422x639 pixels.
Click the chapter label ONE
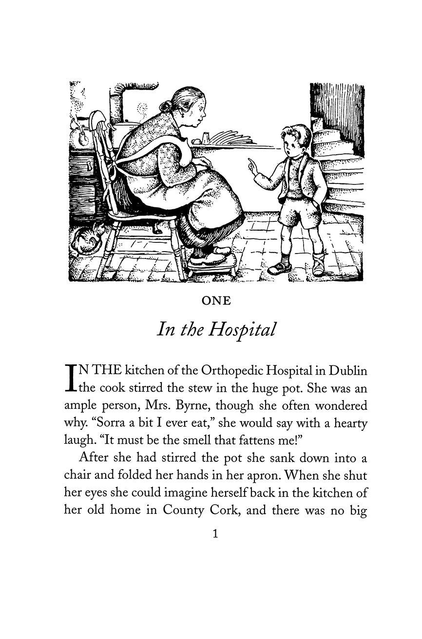pyautogui.click(x=216, y=301)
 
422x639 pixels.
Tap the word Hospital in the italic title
pyautogui.click(x=242, y=330)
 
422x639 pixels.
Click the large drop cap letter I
pyautogui.click(x=71, y=378)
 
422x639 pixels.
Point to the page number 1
pyautogui.click(x=215, y=534)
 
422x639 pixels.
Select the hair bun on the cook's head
pyautogui.click(x=166, y=106)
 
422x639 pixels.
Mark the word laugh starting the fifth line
pyautogui.click(x=77, y=441)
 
